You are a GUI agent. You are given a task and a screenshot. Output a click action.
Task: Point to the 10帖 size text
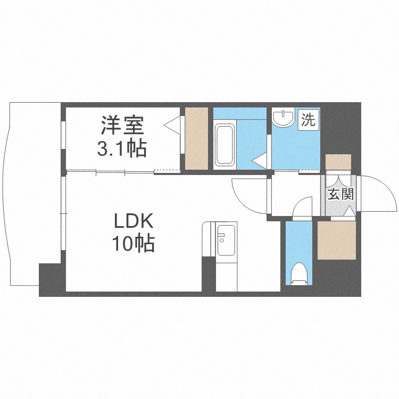coord(132,244)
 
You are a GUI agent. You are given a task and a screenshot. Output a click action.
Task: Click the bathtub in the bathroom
coord(224,144)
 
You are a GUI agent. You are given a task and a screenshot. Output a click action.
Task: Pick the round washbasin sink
coord(282,118)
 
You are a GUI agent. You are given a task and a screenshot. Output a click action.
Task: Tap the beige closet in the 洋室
coord(196,138)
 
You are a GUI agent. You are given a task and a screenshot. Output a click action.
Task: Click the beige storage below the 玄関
coord(336,240)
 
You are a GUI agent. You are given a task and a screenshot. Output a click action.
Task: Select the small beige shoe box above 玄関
coord(338,162)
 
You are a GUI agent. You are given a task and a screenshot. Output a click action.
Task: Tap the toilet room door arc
coord(304,206)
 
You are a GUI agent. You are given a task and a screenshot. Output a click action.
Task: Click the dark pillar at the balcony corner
coord(51,279)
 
